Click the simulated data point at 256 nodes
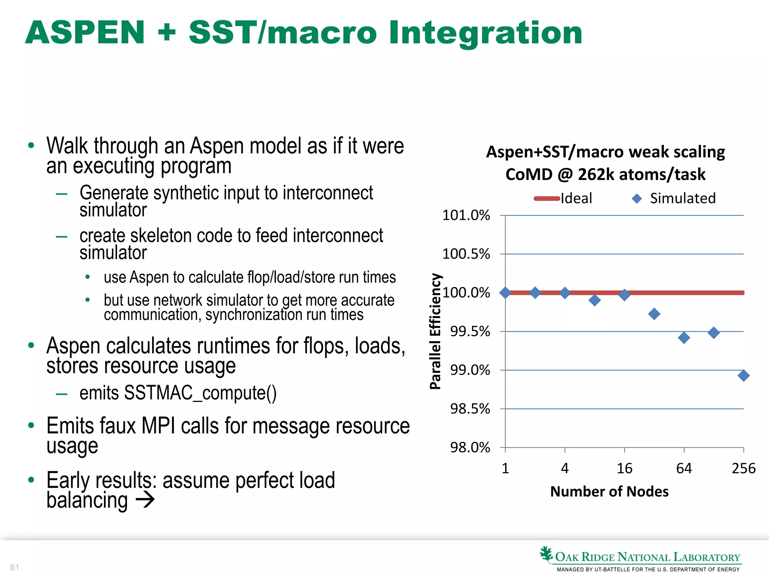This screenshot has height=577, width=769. click(x=743, y=375)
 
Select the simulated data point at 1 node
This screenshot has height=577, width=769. click(x=505, y=293)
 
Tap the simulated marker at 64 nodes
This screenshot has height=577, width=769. click(x=684, y=337)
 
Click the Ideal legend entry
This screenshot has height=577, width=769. click(x=563, y=198)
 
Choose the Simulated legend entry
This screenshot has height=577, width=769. click(x=674, y=198)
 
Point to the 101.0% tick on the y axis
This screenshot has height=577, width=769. click(x=466, y=215)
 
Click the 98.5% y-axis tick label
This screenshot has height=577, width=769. click(x=470, y=409)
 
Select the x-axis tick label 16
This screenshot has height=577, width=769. click(x=624, y=468)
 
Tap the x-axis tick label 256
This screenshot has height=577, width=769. click(x=743, y=468)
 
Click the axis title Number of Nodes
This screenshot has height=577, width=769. click(x=609, y=492)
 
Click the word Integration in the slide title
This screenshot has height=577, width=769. click(x=485, y=33)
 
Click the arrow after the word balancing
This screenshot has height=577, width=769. click(x=145, y=500)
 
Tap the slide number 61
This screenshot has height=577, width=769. click(x=14, y=567)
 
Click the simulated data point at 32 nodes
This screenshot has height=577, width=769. click(x=654, y=314)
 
